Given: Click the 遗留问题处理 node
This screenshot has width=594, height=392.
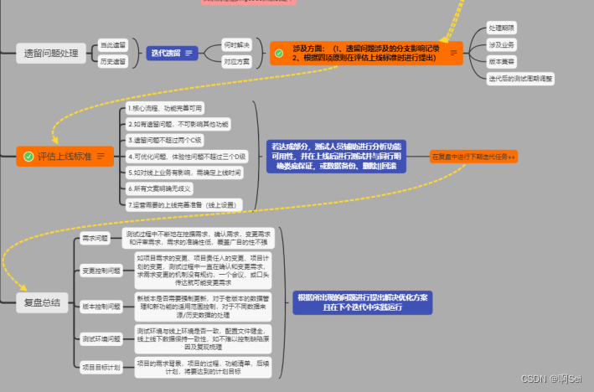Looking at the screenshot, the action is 51,54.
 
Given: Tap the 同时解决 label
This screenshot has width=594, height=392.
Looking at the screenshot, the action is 237,44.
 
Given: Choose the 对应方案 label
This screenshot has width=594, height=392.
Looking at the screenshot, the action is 237,61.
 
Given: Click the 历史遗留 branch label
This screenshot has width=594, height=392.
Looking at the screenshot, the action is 113,61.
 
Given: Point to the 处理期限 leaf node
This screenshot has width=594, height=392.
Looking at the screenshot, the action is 502,28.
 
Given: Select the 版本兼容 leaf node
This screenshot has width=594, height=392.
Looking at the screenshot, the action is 502,61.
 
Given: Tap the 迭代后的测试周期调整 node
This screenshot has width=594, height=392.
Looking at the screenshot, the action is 520,78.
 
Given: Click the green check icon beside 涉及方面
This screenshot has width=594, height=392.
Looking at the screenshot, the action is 279,53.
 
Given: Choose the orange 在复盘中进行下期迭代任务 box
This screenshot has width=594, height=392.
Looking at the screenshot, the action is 473,157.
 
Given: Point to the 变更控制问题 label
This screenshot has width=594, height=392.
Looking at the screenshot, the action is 101,271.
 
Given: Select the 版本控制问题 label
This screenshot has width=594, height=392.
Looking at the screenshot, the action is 101,307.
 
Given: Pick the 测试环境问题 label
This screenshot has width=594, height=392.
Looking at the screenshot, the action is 101,338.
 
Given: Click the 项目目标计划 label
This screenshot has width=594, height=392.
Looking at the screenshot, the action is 101,367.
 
